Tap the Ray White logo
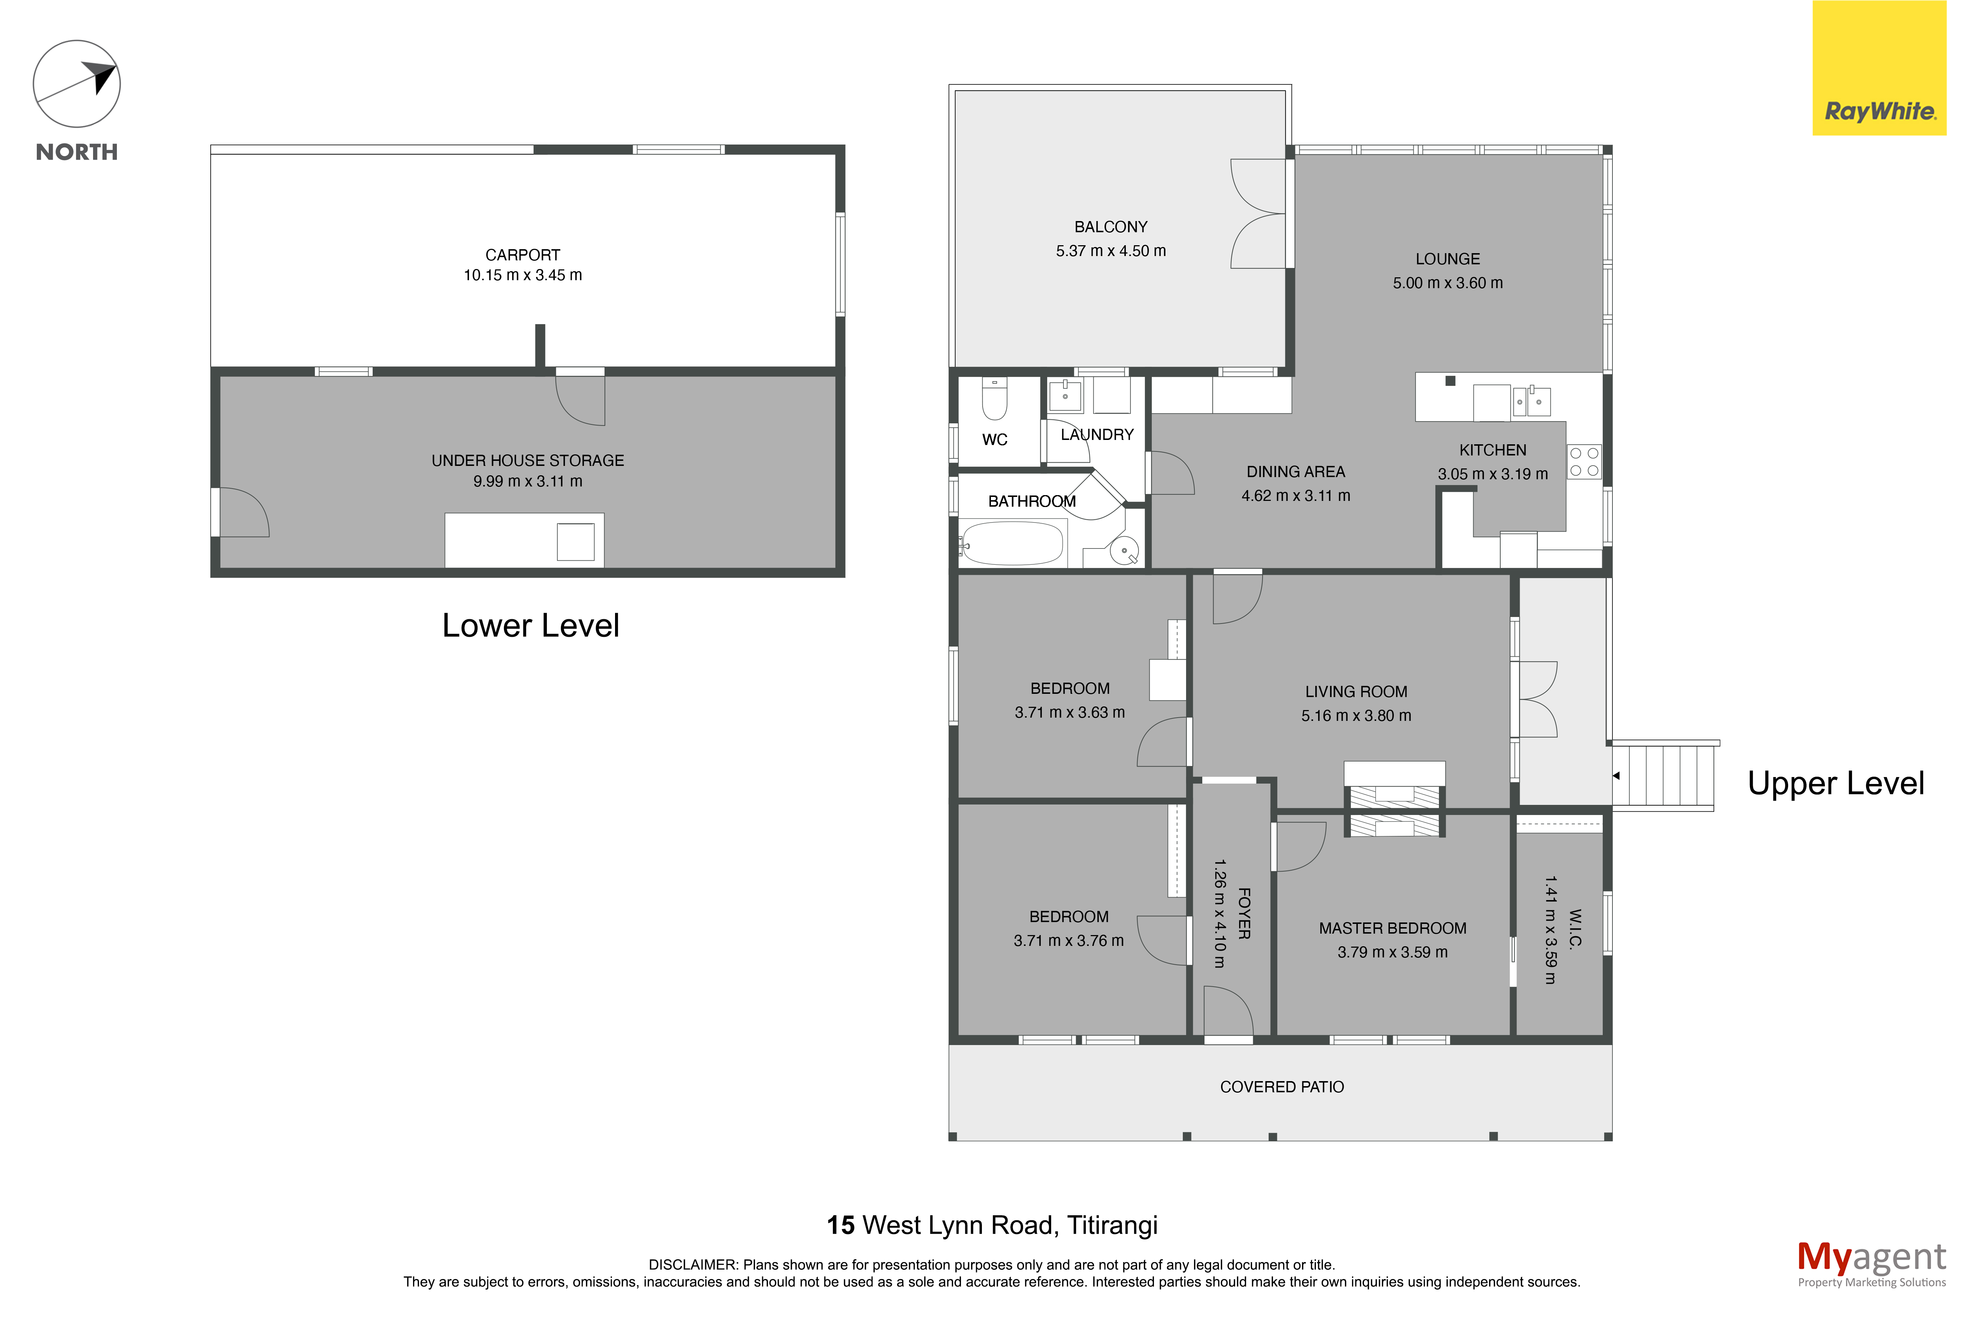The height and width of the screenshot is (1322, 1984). click(x=1879, y=68)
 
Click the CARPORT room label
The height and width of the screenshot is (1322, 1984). click(x=523, y=255)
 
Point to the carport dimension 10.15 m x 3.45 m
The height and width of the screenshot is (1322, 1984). click(x=523, y=275)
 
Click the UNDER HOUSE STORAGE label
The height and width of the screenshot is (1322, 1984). click(x=528, y=461)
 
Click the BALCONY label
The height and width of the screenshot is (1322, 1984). click(x=1110, y=227)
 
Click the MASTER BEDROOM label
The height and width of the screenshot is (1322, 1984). click(x=1393, y=928)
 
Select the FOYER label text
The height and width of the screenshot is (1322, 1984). click(x=1244, y=913)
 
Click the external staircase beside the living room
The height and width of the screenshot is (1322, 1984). click(x=1665, y=776)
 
